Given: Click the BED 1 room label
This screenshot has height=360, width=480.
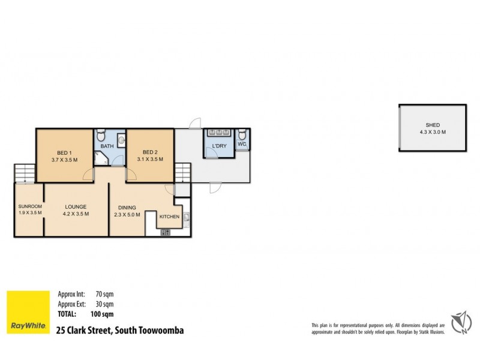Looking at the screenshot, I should (62, 152).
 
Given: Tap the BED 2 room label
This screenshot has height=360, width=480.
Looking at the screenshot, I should (149, 152).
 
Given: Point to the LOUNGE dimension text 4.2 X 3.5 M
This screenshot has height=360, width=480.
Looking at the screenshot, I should (76, 214).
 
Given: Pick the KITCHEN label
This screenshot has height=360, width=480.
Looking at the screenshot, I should (169, 217).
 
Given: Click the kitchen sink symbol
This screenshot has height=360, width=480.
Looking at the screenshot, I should (187, 217).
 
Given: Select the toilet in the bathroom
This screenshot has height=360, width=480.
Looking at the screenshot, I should (101, 135).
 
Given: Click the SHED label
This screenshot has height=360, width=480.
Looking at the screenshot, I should (433, 125).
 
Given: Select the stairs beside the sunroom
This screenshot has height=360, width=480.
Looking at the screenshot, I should (24, 173).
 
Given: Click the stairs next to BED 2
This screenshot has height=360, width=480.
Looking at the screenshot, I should (182, 174).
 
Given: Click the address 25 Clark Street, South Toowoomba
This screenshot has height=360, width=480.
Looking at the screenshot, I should (119, 330).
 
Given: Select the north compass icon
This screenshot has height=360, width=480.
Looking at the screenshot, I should (461, 323).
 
